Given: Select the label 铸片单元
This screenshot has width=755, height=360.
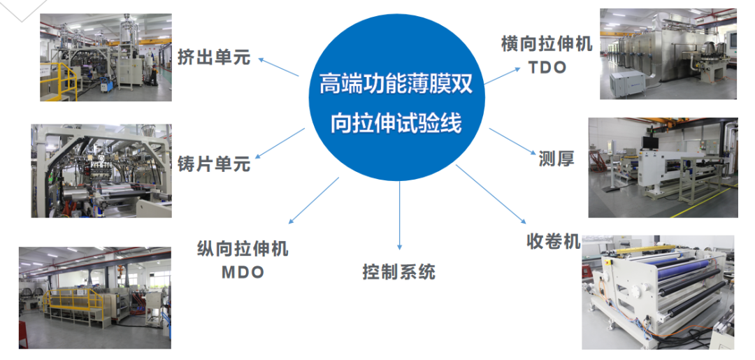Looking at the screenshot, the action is [213, 166].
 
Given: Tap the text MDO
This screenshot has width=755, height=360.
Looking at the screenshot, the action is [243, 272].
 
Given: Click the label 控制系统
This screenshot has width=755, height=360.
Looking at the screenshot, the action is [398, 271].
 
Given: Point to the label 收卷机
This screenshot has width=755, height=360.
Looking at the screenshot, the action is [553, 241].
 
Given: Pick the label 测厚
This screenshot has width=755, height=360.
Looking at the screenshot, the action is [556, 159].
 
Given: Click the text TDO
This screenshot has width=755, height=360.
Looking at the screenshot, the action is [547, 69].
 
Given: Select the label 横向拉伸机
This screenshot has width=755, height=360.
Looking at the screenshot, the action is [547, 45].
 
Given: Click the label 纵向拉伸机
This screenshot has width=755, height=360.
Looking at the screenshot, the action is [243, 249].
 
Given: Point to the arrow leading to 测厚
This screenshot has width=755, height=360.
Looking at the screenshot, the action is [510, 141].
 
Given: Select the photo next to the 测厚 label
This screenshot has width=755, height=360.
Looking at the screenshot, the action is [662, 167].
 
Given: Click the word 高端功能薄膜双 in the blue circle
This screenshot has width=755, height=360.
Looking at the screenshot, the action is [396, 85].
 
